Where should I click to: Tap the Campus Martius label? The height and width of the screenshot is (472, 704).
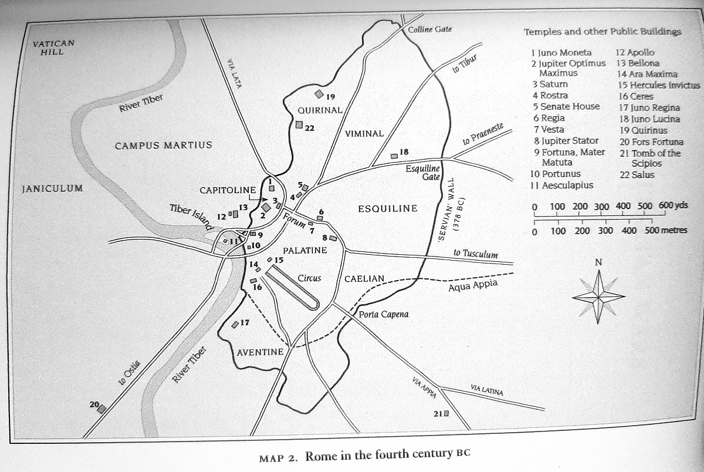point(163,145)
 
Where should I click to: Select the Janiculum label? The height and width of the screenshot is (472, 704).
point(52,189)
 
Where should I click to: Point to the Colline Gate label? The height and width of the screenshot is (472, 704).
point(430,29)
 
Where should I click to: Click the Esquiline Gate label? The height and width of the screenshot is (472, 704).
point(422,173)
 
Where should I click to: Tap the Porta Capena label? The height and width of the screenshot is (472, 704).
point(384,314)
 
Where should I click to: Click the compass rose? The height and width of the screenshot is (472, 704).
point(598,297)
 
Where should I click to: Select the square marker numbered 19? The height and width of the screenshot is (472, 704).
point(319,94)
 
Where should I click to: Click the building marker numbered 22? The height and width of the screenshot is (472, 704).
point(299,124)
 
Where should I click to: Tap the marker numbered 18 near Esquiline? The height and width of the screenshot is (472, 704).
point(394,156)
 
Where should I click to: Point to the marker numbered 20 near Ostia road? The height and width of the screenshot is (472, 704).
point(101,409)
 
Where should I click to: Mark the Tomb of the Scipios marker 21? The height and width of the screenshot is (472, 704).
point(446,413)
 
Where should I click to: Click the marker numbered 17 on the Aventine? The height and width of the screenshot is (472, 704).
point(235,324)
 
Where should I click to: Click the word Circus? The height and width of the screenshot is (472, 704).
point(309,278)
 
